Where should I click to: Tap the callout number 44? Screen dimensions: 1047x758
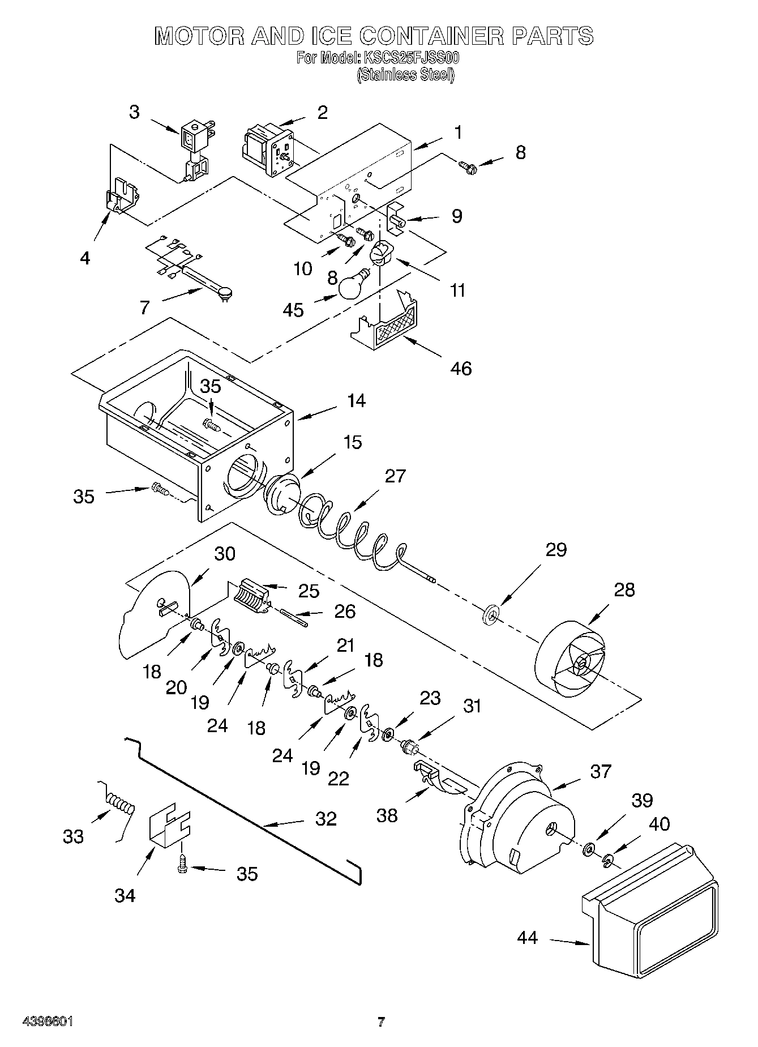[527, 938]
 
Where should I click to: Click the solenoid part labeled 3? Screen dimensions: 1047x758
[194, 150]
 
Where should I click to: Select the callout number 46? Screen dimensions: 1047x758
[461, 369]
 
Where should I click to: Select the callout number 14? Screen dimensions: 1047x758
[356, 401]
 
